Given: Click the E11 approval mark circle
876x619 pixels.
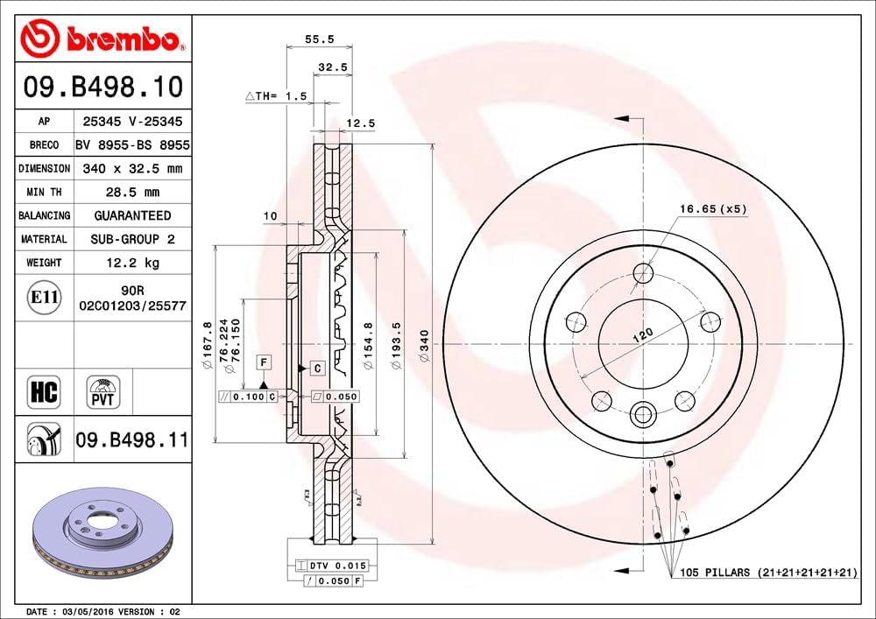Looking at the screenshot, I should (44, 298).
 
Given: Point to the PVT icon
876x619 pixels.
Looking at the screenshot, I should (103, 391).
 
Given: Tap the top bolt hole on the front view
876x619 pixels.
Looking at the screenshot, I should (644, 272).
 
